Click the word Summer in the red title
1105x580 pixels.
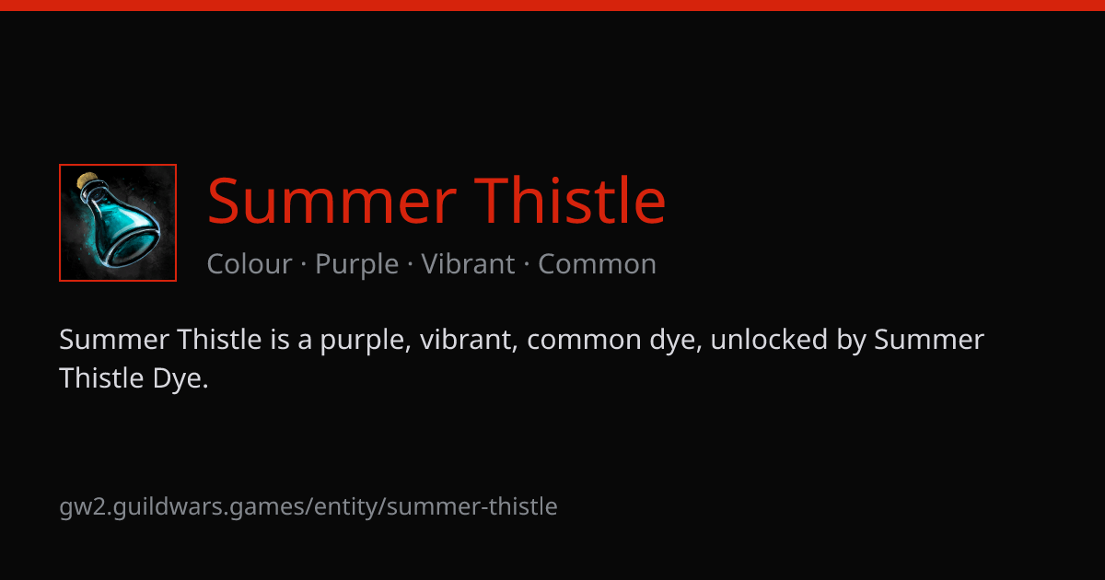pyautogui.click(x=331, y=201)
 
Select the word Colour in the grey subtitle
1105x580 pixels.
pyautogui.click(x=250, y=264)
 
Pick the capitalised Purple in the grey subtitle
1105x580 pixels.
pyautogui.click(x=356, y=265)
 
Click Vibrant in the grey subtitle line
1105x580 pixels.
pyautogui.click(x=468, y=264)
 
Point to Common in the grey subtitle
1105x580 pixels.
pyautogui.click(x=597, y=264)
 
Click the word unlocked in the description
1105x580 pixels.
pyautogui.click(x=769, y=340)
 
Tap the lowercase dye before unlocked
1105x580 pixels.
pyautogui.click(x=675, y=341)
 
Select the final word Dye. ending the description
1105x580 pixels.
pyautogui.click(x=180, y=378)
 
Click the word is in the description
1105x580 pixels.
pyautogui.click(x=280, y=340)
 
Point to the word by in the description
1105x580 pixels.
pyautogui.click(x=851, y=341)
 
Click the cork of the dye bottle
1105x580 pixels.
pyautogui.click(x=87, y=180)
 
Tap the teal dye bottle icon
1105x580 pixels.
pyautogui.click(x=118, y=223)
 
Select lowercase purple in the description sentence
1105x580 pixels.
pyautogui.click(x=366, y=342)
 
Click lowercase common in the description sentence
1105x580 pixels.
pyautogui.click(x=584, y=341)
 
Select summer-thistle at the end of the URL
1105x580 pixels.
pyautogui.click(x=472, y=506)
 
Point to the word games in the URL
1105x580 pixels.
pyautogui.click(x=268, y=508)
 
